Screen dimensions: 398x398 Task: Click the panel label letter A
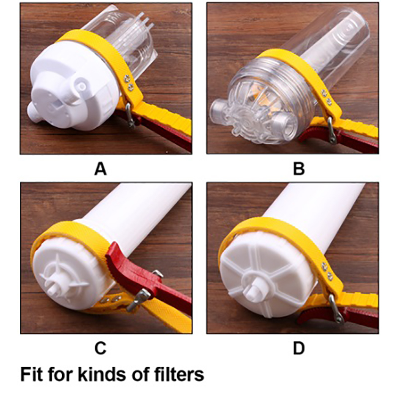[100, 169]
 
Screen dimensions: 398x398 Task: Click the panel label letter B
[299, 169]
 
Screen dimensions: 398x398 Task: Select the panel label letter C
[100, 348]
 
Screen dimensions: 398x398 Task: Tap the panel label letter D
[299, 348]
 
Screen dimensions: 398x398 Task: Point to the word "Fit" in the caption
[30, 374]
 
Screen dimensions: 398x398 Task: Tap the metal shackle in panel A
[130, 115]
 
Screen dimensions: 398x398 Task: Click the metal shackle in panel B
[332, 131]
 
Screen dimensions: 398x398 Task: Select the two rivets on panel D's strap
[327, 272]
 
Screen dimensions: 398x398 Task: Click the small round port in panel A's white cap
[81, 87]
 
